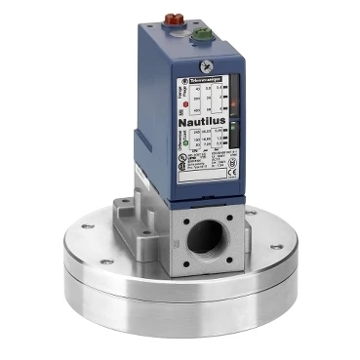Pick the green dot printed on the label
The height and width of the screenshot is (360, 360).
coord(185,142)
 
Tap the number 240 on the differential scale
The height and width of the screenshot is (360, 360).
coord(198,132)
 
